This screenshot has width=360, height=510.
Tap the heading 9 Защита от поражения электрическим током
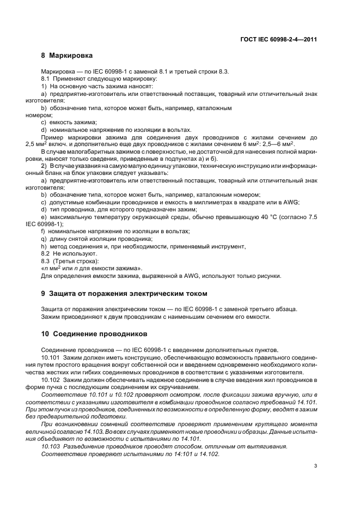pyautogui.click(x=124, y=294)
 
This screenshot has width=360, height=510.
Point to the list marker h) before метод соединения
pyautogui.click(x=44, y=246)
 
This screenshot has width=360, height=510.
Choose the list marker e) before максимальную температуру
pyautogui.click(x=44, y=217)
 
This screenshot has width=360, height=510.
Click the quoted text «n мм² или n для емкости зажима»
pyautogui.click(x=91, y=268)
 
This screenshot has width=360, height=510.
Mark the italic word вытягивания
pyautogui.click(x=269, y=446)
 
